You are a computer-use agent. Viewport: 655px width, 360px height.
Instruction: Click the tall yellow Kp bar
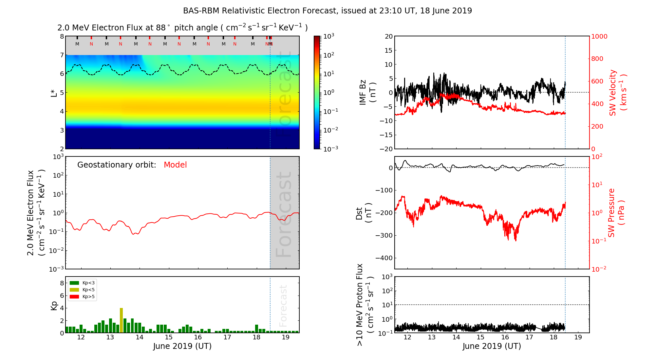(121, 320)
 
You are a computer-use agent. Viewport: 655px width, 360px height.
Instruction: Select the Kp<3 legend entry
(82, 283)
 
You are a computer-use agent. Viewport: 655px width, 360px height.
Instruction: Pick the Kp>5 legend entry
(82, 297)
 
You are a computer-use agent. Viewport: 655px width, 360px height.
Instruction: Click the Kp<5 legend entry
(82, 290)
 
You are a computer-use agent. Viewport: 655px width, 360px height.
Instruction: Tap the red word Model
(175, 165)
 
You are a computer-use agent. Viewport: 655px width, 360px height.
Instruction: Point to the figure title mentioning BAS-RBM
(327, 11)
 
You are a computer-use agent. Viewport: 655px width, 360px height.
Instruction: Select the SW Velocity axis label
(618, 92)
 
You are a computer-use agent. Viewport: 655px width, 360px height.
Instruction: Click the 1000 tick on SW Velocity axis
(599, 36)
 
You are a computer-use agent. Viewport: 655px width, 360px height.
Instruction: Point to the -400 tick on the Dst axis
(384, 258)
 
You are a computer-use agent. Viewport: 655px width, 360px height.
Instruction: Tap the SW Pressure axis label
(616, 213)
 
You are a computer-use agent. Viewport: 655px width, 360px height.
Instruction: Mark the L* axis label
(54, 92)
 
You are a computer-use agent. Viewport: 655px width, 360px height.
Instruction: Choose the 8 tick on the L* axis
(62, 36)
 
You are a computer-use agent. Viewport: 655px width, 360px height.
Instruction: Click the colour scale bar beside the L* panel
(317, 92)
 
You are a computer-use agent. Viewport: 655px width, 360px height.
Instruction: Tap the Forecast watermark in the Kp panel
(283, 306)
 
